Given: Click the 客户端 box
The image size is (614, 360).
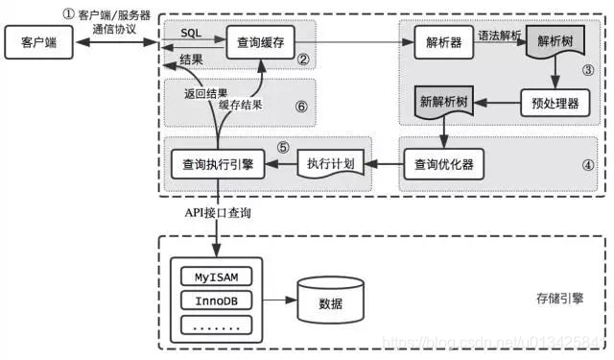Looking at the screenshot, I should pos(35,42).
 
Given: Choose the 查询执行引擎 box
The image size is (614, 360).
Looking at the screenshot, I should pos(216,163).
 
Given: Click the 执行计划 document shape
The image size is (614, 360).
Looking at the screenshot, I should pos(330,163).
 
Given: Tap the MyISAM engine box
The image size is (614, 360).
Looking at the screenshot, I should pos(216,277).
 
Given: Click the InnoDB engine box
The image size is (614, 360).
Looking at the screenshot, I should pos(216,300).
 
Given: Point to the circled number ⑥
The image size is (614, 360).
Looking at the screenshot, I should pos(301,107).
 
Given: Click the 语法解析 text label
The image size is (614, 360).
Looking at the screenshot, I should pos(501,35).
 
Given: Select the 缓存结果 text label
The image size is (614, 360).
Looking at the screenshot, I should pos(240,105).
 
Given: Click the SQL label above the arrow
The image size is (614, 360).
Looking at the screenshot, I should pos(191,33).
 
